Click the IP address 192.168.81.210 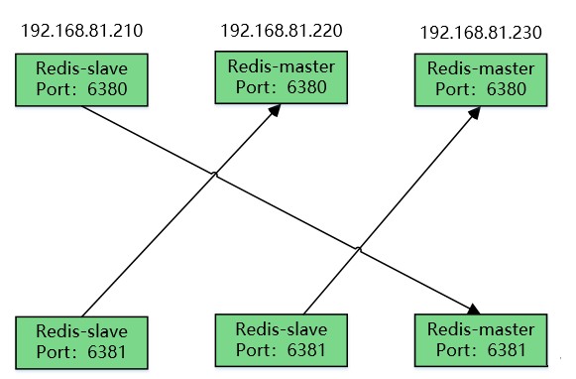pyautogui.click(x=81, y=30)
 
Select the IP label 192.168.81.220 pyautogui.click(x=282, y=30)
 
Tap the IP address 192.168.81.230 pyautogui.click(x=481, y=33)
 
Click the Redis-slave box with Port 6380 pyautogui.click(x=81, y=80)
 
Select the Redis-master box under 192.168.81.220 pyautogui.click(x=281, y=76)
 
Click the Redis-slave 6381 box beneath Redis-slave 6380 pyautogui.click(x=81, y=339)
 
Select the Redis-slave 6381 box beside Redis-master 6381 pyautogui.click(x=281, y=338)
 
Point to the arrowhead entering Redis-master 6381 pyautogui.click(x=477, y=309)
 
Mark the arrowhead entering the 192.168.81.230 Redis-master pyautogui.click(x=475, y=112)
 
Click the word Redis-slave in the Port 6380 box pyautogui.click(x=81, y=71)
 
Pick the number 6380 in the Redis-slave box pyautogui.click(x=105, y=90)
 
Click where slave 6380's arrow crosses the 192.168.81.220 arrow pyautogui.click(x=215, y=175)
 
